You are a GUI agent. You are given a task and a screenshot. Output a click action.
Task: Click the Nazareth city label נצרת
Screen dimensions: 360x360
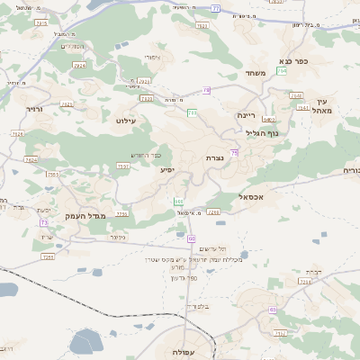214,157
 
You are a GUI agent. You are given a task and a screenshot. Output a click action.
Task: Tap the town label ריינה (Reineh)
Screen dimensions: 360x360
247,116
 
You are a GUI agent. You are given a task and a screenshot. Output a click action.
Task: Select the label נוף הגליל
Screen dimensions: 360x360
261,133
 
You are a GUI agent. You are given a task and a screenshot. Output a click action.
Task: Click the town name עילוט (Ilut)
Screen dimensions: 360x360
127,119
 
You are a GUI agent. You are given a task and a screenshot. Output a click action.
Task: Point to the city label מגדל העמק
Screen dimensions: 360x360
85,216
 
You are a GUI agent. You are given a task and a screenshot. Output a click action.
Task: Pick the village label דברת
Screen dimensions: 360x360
313,270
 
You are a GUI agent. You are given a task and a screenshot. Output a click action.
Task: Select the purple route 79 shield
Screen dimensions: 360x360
206,90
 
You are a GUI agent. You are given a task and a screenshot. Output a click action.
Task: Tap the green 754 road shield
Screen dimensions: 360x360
281,69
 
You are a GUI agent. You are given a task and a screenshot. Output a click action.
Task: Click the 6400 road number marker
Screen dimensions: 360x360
269,119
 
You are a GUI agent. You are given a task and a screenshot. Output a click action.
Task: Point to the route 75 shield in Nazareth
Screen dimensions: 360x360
234,154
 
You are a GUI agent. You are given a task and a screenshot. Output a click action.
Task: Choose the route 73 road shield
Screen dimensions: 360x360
43,221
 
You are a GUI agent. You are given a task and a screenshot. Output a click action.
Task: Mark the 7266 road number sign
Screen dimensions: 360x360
213,212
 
